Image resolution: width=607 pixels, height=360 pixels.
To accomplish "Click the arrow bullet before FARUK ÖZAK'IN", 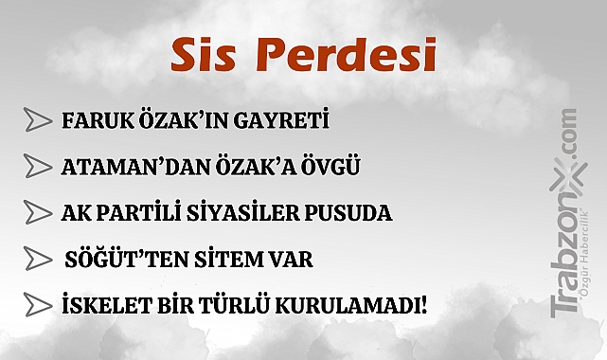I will pos(37,121).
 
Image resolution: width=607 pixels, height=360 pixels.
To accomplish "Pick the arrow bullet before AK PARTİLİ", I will pos(37,211).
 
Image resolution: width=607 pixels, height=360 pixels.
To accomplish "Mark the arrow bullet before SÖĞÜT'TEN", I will pos(37,258).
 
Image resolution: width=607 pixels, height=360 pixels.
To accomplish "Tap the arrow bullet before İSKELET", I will pos(37,304).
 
